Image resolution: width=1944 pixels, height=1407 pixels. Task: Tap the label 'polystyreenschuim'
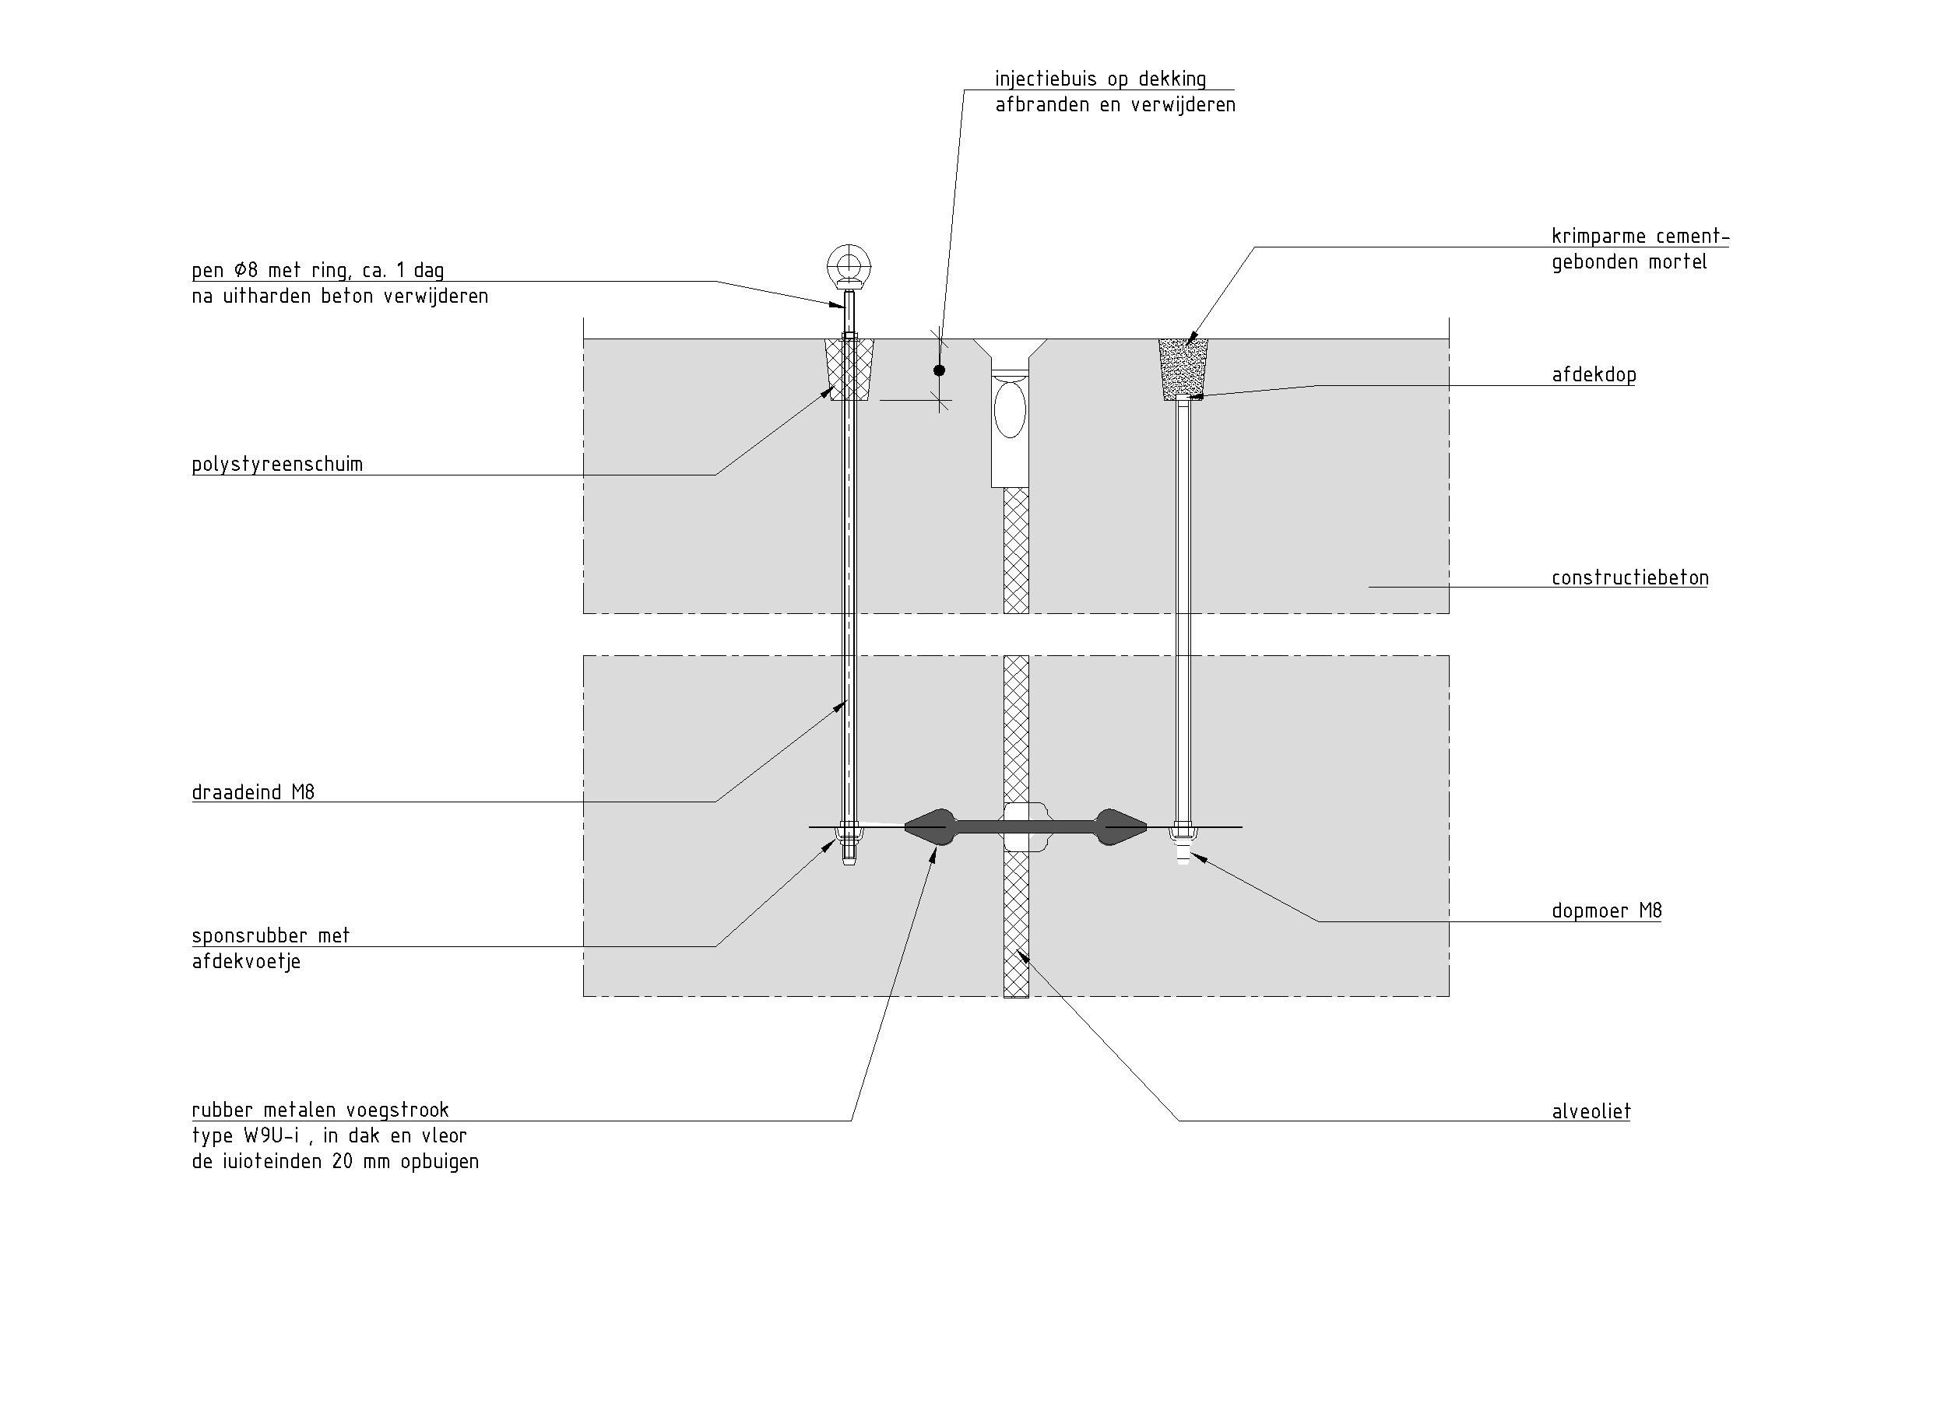click(277, 465)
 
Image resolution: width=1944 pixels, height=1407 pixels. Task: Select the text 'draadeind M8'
click(253, 793)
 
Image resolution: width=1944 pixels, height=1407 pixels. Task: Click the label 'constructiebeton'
click(1629, 578)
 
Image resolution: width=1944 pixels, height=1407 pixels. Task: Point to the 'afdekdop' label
click(1594, 375)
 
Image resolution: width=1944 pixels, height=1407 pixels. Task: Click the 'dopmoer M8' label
click(1606, 911)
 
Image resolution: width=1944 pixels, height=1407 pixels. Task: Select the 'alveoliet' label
click(1591, 1112)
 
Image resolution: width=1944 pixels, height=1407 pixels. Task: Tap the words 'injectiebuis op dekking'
click(1100, 79)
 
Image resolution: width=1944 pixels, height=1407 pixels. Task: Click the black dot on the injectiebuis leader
click(940, 370)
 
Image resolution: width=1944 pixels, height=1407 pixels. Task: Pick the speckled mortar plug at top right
click(1183, 368)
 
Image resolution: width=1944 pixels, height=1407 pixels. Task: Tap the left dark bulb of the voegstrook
click(930, 827)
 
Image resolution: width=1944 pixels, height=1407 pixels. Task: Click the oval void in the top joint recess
click(1010, 409)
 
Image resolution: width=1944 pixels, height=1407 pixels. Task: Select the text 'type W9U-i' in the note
click(248, 1136)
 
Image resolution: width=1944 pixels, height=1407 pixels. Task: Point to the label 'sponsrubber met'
click(271, 935)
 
